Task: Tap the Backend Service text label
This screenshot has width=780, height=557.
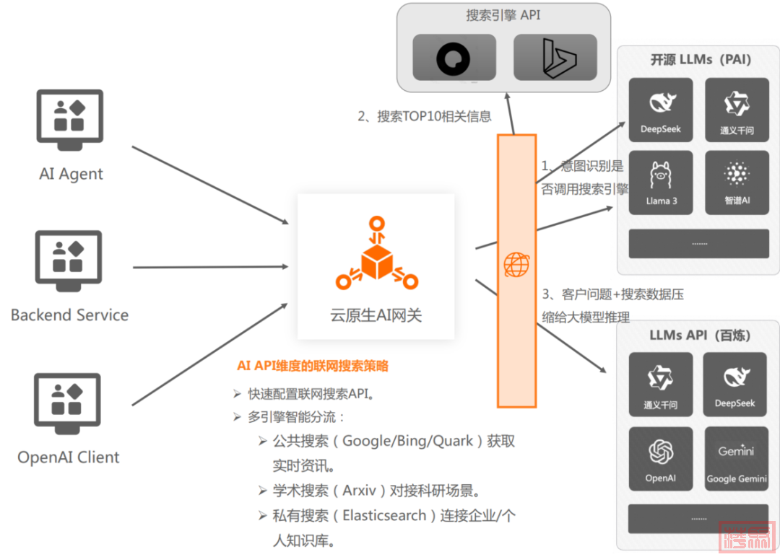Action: coord(69,315)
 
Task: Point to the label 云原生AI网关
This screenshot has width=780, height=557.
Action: coord(376,315)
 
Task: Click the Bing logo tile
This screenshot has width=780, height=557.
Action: coord(555,58)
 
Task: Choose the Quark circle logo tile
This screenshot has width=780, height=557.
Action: coord(454,58)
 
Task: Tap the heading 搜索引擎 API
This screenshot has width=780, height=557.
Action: coord(503,15)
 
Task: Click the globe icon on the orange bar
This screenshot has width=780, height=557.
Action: coord(516,265)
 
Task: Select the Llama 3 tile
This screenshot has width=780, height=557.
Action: coord(661,183)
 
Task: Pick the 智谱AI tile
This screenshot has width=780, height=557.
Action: coord(736,183)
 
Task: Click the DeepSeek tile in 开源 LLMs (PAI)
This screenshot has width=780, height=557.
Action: coord(661,110)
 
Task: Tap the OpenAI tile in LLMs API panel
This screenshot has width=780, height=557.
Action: coord(661,459)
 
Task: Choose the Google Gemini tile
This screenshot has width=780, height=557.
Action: coord(736,459)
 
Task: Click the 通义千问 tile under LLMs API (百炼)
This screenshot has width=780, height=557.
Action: coord(661,385)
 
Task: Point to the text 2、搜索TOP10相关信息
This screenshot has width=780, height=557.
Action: coord(425,116)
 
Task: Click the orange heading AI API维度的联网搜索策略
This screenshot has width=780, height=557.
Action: coord(313,366)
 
